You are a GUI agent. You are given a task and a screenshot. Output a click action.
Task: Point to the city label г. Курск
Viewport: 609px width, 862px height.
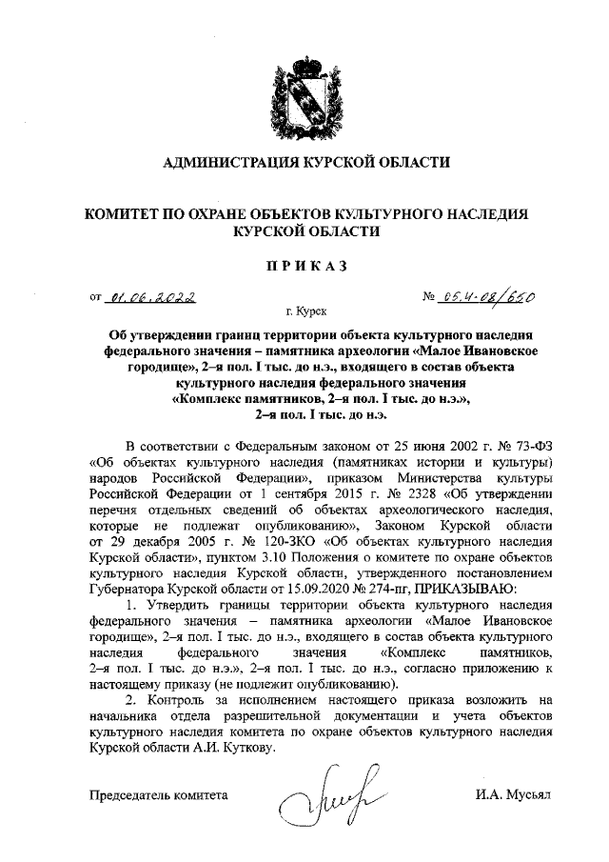(x=305, y=312)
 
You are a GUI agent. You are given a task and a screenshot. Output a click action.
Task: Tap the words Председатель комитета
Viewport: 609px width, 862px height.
(x=160, y=792)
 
